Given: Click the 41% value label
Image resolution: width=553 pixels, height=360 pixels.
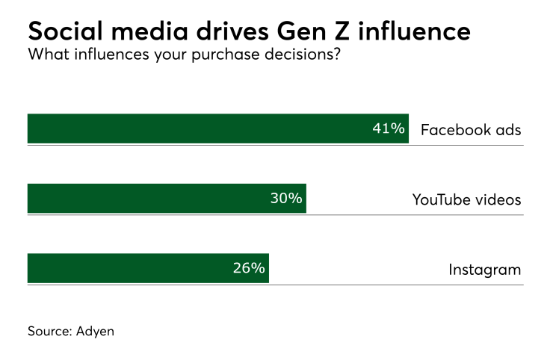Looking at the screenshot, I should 389,128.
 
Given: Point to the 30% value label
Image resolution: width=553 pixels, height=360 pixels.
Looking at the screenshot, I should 286,199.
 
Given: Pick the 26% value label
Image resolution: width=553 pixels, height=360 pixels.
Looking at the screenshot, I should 249,269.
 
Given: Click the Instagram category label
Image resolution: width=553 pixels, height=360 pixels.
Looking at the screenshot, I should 484,270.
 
